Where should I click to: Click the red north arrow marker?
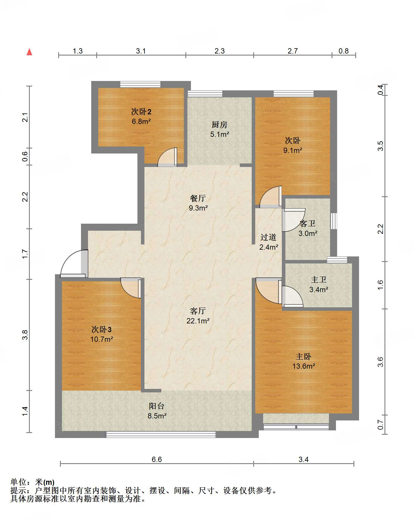pyautogui.click(x=29, y=52)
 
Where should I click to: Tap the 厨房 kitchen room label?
pyautogui.click(x=219, y=125)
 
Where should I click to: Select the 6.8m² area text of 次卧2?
pyautogui.click(x=141, y=121)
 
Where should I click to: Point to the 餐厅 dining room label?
pyautogui.click(x=198, y=198)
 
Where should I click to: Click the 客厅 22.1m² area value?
pyautogui.click(x=198, y=321)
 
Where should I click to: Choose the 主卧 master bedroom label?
pyautogui.click(x=303, y=357)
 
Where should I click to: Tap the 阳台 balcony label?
pyautogui.click(x=157, y=406)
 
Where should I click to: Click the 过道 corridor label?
pyautogui.click(x=268, y=237)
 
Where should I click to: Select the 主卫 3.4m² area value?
pyautogui.click(x=319, y=290)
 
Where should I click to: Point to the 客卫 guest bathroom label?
pyautogui.click(x=308, y=224)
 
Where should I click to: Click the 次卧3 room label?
pyautogui.click(x=101, y=330)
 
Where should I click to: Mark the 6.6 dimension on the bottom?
pyautogui.click(x=157, y=459)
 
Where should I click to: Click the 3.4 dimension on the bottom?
pyautogui.click(x=303, y=459)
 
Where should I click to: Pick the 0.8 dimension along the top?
pyautogui.click(x=344, y=51)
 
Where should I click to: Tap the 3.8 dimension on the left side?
pyautogui.click(x=25, y=335)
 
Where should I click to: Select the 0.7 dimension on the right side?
pyautogui.click(x=380, y=425)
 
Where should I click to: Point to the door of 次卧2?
pyautogui.click(x=168, y=157)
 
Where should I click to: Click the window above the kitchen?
pyautogui.click(x=205, y=94)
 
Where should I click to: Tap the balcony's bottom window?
pyautogui.click(x=161, y=435)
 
